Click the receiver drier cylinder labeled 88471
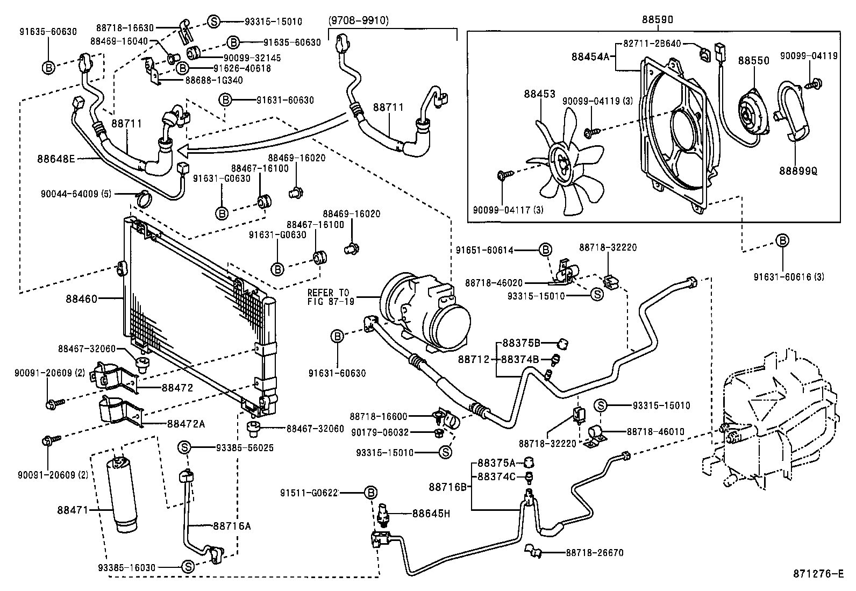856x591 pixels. (x=121, y=494)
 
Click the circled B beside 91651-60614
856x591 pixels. (x=545, y=250)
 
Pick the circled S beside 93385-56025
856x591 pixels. (x=184, y=447)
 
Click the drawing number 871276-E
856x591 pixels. (x=817, y=574)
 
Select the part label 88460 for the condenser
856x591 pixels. (x=82, y=298)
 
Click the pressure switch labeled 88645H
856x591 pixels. (x=382, y=514)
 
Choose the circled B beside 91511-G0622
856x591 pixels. (x=370, y=493)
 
